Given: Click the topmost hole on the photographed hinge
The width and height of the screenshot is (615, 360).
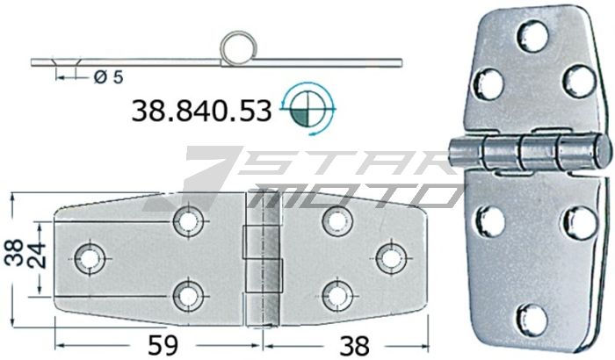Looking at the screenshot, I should tap(532, 37).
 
